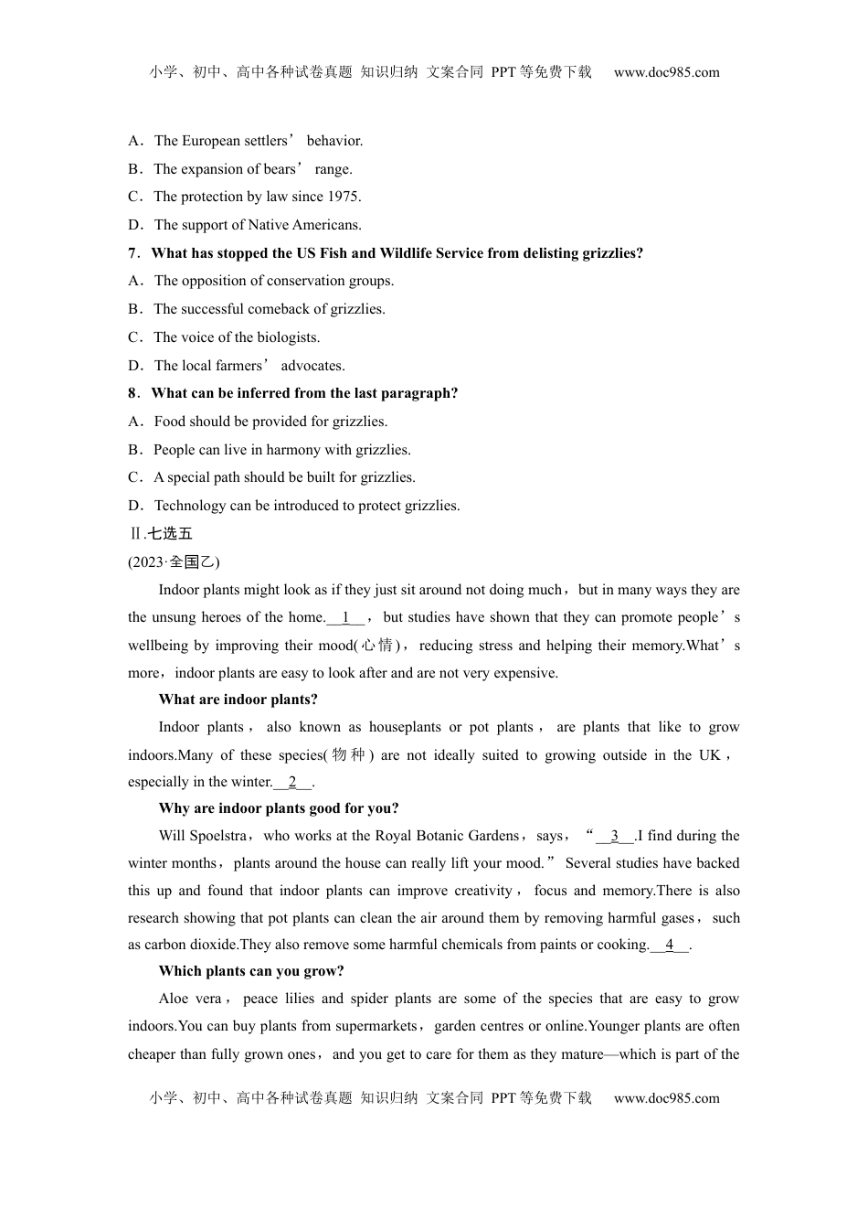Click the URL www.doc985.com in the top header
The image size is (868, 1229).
pos(666,72)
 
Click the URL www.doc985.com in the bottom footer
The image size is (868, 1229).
pos(666,1098)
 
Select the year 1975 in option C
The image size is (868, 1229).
pos(344,197)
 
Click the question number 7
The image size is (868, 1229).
pos(132,253)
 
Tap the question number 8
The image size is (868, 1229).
pos(132,393)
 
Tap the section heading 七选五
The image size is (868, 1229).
pos(170,534)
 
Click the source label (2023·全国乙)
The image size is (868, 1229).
pos(174,562)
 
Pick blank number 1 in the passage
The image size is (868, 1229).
pos(345,617)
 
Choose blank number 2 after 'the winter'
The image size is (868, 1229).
pos(292,782)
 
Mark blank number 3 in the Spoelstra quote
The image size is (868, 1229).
pos(615,836)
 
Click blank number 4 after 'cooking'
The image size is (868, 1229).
pos(670,945)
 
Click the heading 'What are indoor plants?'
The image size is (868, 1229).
pos(238,700)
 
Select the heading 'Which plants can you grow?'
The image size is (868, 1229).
pos(251,971)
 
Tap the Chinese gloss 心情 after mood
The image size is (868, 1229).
pos(377,646)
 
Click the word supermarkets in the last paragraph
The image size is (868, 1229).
pos(376,1026)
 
